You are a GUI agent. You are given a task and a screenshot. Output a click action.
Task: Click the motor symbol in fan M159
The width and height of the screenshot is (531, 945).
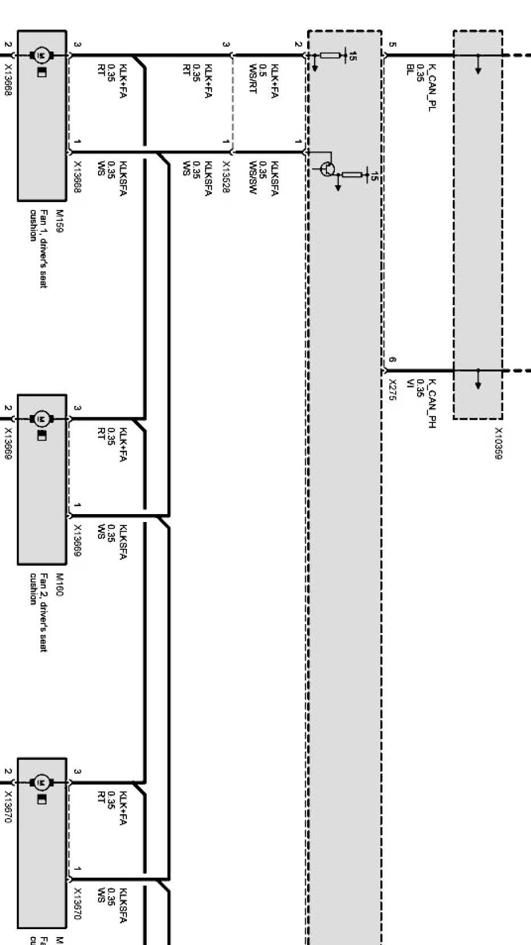pos(41,55)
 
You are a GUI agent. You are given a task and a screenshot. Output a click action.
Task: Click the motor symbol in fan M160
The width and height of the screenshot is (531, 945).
pos(41,419)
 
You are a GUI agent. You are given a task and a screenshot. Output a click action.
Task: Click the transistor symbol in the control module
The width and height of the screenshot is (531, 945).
pos(327,169)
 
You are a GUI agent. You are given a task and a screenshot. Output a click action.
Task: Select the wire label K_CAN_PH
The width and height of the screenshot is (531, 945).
pos(432,403)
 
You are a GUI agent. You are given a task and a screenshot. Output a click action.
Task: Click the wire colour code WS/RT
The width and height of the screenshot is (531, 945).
pos(253,79)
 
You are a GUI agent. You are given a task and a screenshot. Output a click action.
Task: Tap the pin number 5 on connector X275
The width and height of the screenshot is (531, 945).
pos(393,44)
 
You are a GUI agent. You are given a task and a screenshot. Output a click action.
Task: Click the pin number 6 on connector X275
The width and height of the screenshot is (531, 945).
pos(393,360)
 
